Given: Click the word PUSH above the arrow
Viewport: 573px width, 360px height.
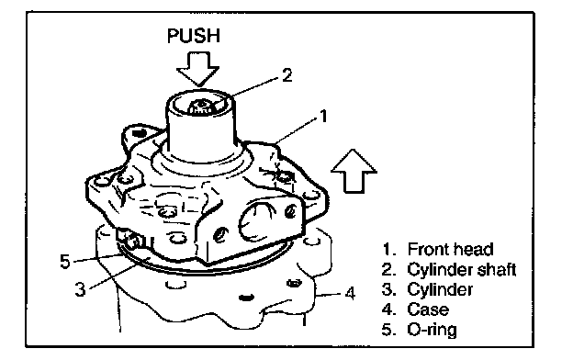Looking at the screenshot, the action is (x=194, y=36).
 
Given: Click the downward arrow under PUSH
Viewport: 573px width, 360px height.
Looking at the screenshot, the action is (x=197, y=69).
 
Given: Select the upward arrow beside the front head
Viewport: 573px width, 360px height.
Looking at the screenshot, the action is (x=354, y=171).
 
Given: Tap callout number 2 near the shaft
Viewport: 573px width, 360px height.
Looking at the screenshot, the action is (x=287, y=75).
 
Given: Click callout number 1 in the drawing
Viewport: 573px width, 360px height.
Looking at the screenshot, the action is (x=323, y=117).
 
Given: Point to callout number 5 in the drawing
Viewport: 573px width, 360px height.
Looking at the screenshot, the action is (x=64, y=262).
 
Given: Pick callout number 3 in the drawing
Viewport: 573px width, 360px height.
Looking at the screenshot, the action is (x=80, y=289).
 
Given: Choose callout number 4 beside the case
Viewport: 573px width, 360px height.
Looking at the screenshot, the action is (x=350, y=293).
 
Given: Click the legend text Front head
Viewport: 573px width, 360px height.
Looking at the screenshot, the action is (x=450, y=249).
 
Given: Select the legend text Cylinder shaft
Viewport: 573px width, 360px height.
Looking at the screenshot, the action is (x=462, y=270).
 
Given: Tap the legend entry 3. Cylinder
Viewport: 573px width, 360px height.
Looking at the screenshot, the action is (x=427, y=290).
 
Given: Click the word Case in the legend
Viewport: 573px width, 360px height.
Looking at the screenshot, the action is (x=428, y=309).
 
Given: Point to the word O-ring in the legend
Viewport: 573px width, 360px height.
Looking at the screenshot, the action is (x=432, y=330).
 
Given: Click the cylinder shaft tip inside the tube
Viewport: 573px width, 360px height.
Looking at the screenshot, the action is (x=200, y=107).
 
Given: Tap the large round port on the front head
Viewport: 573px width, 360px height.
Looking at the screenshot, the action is (x=256, y=221).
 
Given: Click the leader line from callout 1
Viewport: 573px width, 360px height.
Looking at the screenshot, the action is (x=297, y=130).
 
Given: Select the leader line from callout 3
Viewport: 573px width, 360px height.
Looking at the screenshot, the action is (x=119, y=272).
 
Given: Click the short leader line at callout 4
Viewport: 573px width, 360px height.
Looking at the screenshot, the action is (x=330, y=294).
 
